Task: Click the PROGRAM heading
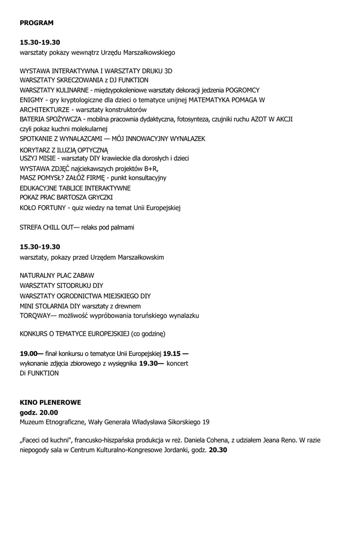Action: coord(37,23)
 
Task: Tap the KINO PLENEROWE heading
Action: coord(50,402)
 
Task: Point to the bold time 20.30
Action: coord(218,450)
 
